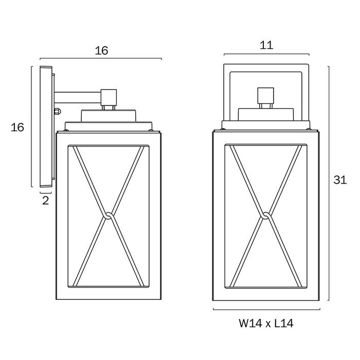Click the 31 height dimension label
point(340,180)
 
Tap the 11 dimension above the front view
point(266,45)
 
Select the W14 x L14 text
point(266,324)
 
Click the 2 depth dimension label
point(45,201)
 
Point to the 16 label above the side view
point(102,50)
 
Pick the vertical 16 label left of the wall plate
point(18,127)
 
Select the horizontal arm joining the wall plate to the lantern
point(77,96)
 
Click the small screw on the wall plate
point(58,111)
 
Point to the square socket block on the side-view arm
point(109,96)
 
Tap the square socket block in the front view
point(265,96)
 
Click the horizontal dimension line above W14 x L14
point(266,310)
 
